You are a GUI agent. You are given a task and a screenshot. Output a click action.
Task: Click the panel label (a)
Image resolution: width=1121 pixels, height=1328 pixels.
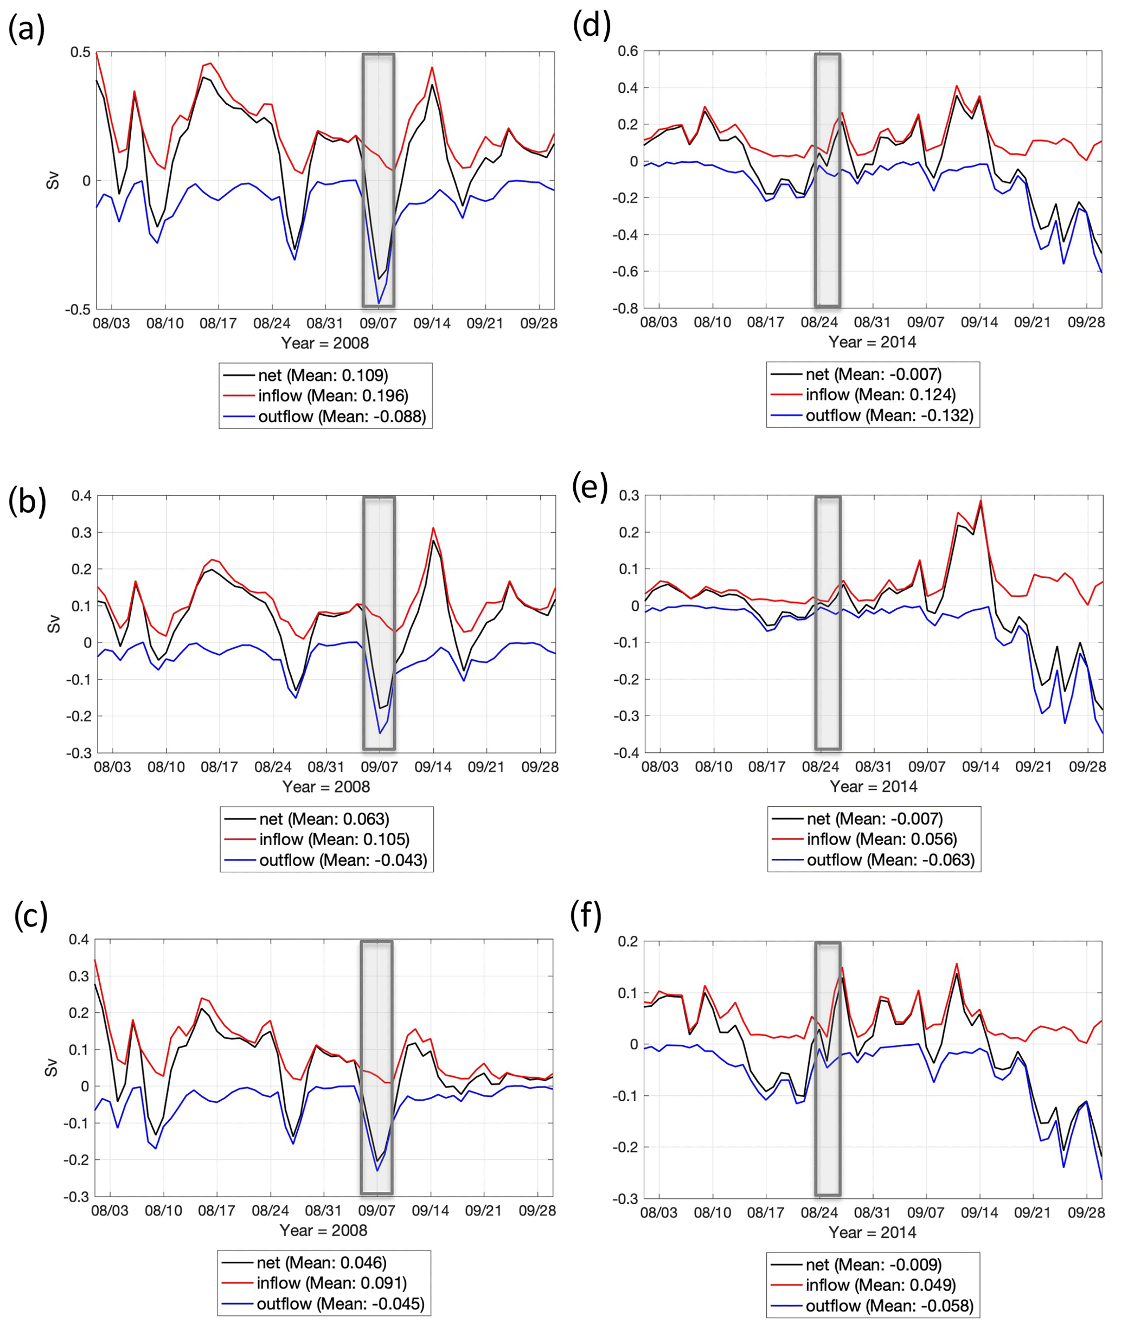pos(26,29)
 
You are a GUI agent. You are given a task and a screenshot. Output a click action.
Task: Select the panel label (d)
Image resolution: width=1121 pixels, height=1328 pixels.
pos(591,27)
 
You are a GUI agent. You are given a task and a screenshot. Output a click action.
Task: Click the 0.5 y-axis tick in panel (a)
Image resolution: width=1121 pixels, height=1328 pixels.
pos(81,52)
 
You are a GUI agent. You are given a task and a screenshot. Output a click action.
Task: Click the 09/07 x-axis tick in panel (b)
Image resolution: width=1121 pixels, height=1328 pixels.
pos(380,767)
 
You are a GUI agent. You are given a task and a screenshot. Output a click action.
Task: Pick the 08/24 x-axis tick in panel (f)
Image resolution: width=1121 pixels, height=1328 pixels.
pos(819,1212)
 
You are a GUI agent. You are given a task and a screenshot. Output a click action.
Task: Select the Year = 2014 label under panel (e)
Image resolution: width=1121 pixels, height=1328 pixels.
pos(873,787)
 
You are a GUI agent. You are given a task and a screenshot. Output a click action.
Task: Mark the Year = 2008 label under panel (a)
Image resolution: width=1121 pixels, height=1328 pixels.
pos(325,343)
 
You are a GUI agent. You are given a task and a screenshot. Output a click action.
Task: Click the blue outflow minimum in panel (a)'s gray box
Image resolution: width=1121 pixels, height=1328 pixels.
pos(379,304)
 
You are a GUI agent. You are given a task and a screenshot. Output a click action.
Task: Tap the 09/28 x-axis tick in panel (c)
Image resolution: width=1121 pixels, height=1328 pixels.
pos(537,1210)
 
